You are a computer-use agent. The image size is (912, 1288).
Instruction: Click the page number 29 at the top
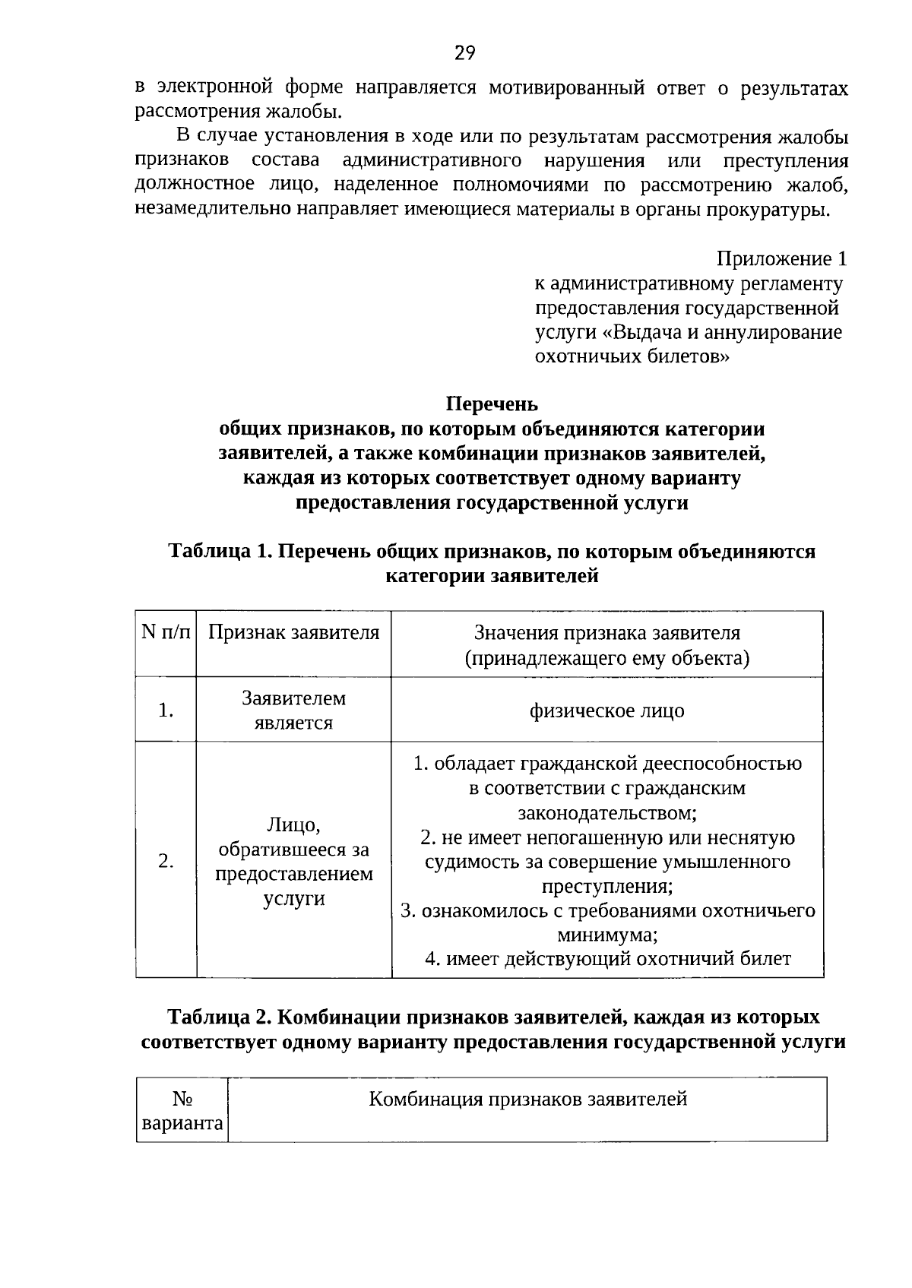coord(464,53)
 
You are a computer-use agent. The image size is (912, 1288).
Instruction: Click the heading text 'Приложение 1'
coord(781,259)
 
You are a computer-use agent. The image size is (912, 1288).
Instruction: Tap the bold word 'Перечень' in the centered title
coord(492,404)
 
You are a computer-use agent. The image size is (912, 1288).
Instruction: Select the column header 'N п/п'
coord(166,632)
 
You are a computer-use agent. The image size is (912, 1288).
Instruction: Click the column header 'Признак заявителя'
coord(293,633)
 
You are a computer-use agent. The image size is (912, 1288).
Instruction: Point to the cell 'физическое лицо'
coord(606,710)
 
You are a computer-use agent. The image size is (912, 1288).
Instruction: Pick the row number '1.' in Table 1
coord(166,710)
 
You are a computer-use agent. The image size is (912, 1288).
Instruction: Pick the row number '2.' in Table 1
coord(166,861)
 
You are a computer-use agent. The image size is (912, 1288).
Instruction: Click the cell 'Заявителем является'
coord(293,710)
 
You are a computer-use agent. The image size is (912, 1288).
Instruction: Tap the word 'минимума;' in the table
coord(607,934)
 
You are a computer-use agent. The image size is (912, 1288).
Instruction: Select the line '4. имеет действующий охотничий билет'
coord(607,959)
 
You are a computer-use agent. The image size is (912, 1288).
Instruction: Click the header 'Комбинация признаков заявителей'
coord(527,1099)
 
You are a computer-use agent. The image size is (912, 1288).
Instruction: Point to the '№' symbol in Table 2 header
coord(182,1099)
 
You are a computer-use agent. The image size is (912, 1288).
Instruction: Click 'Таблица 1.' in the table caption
coord(221,551)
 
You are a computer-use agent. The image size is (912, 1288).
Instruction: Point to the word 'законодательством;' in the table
coord(607,813)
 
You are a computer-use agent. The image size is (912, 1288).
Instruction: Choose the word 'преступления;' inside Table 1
coord(607,886)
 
